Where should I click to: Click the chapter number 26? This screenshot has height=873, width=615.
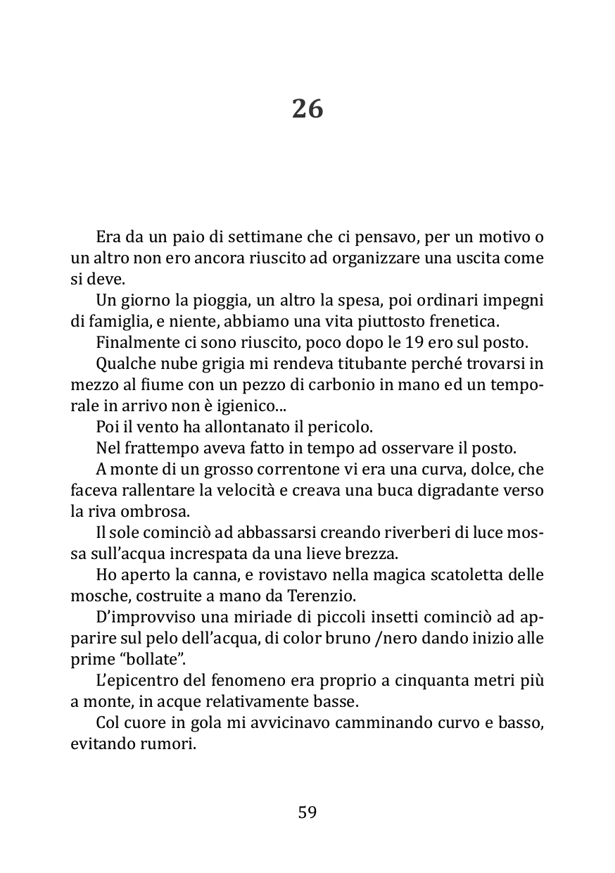307,109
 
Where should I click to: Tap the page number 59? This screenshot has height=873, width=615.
307,812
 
